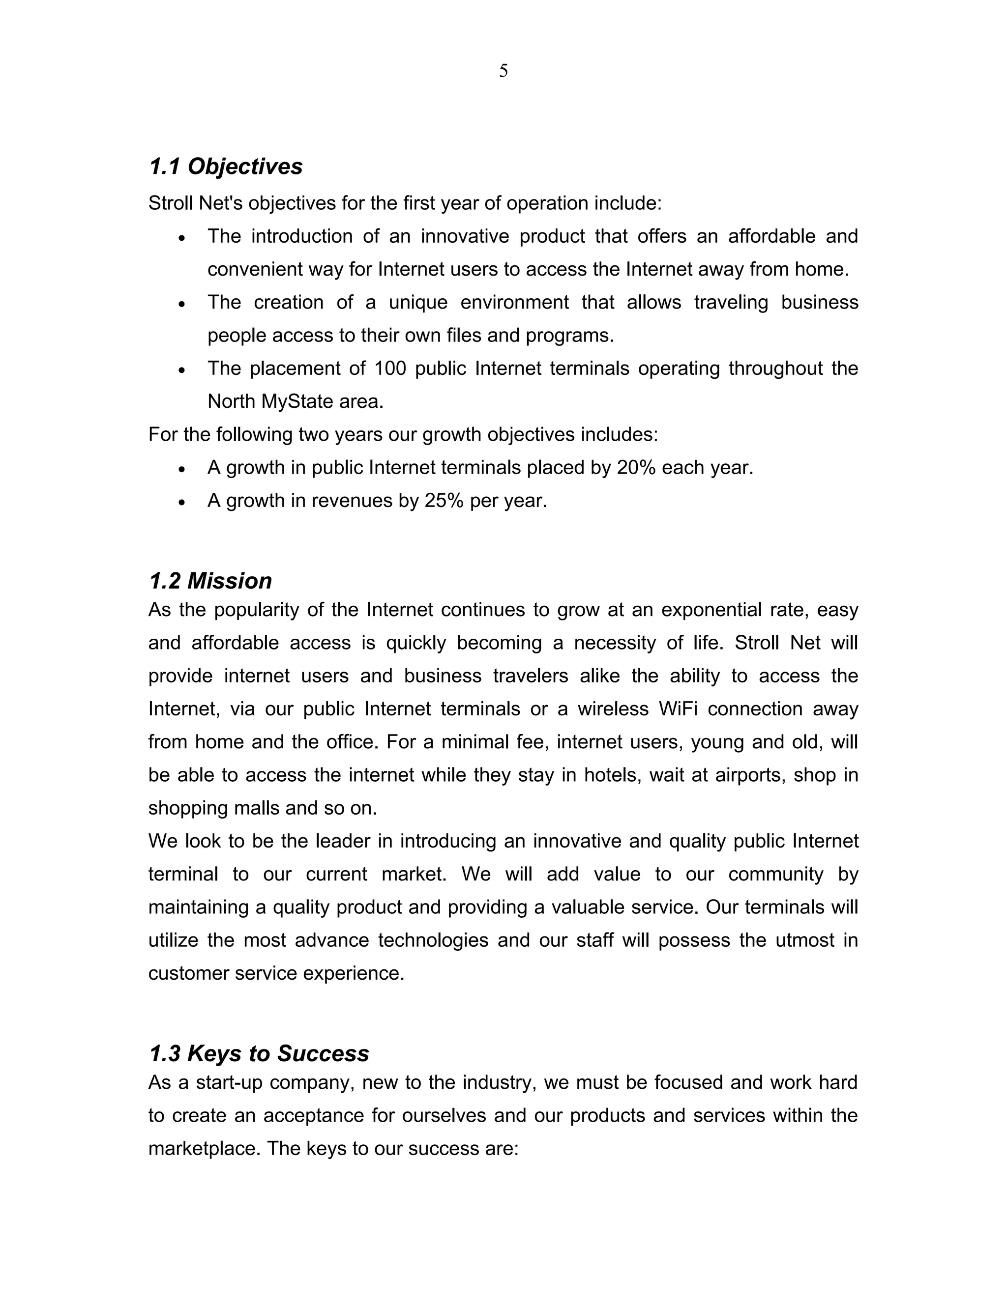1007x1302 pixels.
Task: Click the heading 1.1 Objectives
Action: (226, 167)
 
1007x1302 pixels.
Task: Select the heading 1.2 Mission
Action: (210, 581)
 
